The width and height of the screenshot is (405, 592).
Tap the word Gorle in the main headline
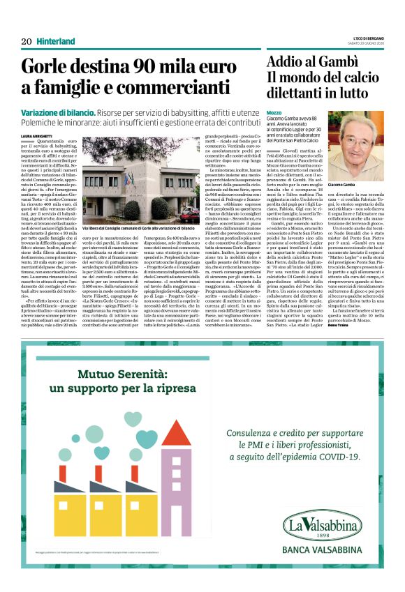click(x=43, y=67)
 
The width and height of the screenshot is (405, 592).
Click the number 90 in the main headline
click(x=134, y=67)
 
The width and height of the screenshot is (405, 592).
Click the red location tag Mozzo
click(x=274, y=112)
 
